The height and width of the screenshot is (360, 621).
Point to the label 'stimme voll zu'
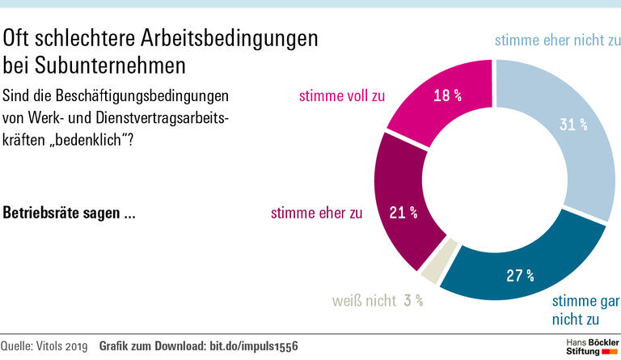[x=341, y=95]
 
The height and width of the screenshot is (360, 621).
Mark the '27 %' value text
[x=520, y=275]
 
